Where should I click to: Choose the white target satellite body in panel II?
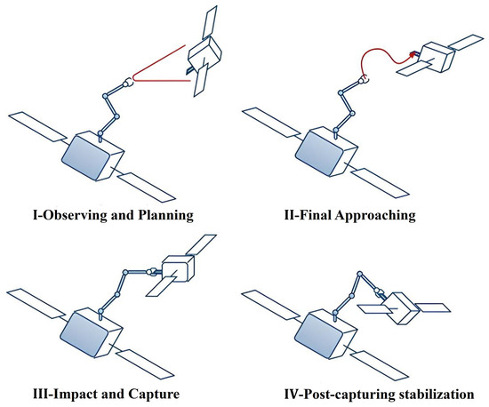coord(437,58)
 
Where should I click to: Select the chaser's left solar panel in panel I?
coord(36,128)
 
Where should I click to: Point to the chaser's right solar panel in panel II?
coord(391,187)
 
